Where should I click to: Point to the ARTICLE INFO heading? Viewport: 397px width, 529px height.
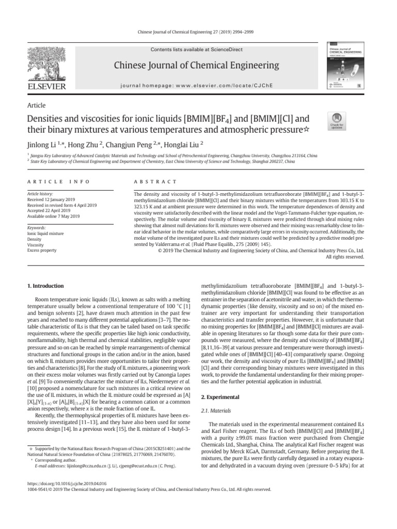(58, 182)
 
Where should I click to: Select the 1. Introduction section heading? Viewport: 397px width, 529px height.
(45, 286)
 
